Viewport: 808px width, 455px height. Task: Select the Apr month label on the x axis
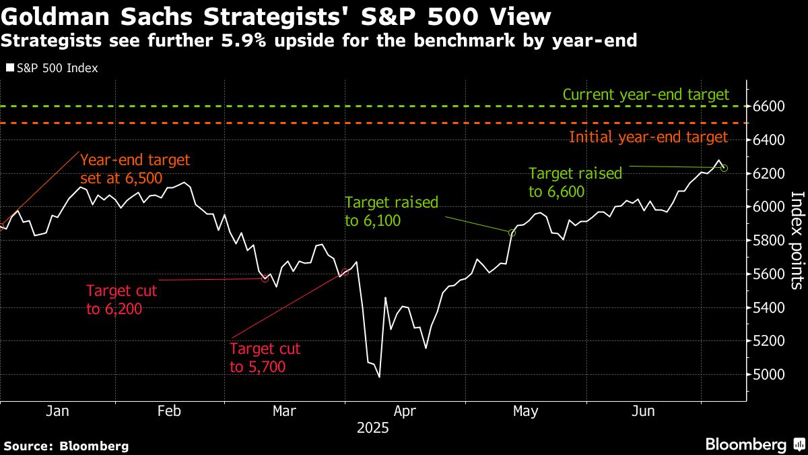(x=404, y=411)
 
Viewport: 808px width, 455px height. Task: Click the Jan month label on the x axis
(x=58, y=411)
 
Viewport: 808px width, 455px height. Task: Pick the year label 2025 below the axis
(x=374, y=427)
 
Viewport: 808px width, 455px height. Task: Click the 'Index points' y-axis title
(x=796, y=240)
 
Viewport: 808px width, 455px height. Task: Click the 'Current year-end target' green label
(x=645, y=95)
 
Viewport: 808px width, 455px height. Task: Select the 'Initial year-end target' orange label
(x=648, y=138)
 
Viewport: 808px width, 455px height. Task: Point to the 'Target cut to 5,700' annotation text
(x=265, y=358)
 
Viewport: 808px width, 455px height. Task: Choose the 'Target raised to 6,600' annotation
(x=575, y=182)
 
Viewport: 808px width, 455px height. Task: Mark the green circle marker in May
(x=512, y=233)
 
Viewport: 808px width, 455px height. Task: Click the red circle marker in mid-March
(x=265, y=278)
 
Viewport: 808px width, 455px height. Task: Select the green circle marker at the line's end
(x=724, y=168)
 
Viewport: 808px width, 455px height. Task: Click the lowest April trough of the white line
(x=380, y=377)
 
